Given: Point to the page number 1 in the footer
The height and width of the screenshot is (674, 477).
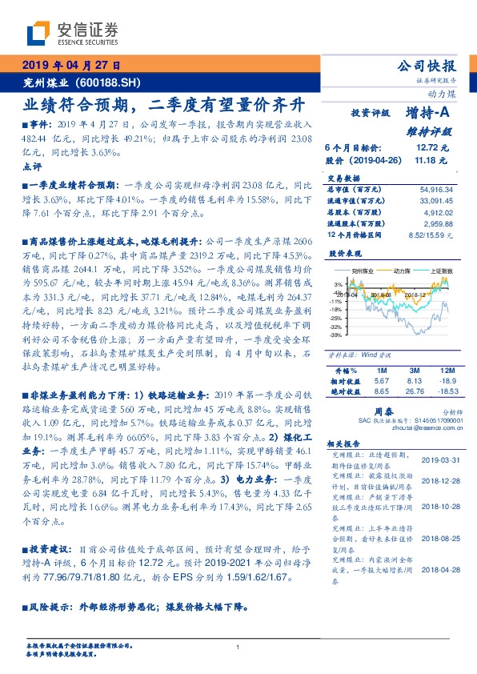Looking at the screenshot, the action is (x=238, y=647).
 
